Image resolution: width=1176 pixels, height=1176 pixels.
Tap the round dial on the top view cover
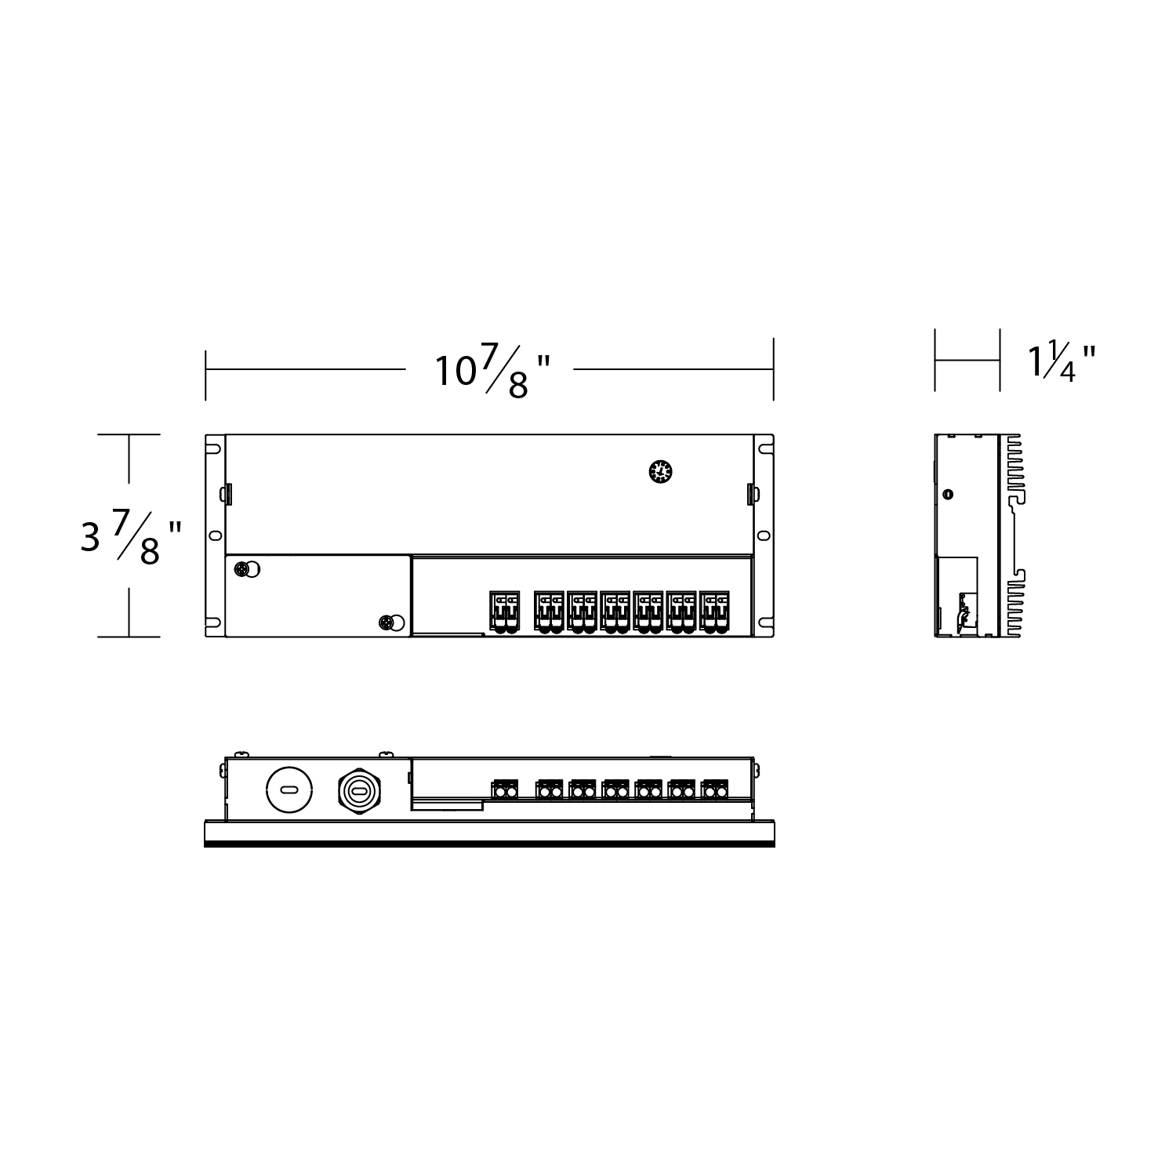pyautogui.click(x=661, y=472)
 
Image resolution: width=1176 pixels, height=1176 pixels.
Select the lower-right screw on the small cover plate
pyautogui.click(x=386, y=623)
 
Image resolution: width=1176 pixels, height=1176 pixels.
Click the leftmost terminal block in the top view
pyautogui.click(x=505, y=611)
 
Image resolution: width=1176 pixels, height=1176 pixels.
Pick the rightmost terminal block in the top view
pyautogui.click(x=714, y=611)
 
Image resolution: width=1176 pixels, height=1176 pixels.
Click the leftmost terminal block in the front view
pyautogui.click(x=505, y=790)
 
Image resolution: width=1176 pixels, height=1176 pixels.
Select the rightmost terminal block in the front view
pyautogui.click(x=714, y=790)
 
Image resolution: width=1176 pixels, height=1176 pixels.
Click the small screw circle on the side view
pyautogui.click(x=948, y=495)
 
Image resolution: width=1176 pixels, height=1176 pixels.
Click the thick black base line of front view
pyautogui.click(x=489, y=844)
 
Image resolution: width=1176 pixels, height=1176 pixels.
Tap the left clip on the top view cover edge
pyautogui.click(x=226, y=494)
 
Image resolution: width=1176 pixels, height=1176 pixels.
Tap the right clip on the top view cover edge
pyautogui.click(x=751, y=494)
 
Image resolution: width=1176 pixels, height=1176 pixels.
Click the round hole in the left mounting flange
pyautogui.click(x=213, y=535)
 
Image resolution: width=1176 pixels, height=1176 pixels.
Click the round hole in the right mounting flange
pyautogui.click(x=764, y=535)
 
